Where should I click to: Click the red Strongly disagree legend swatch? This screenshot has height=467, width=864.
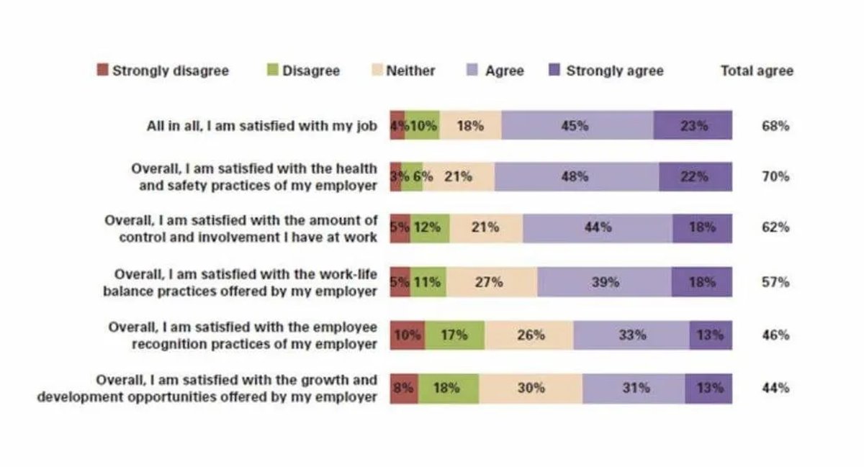point(102,70)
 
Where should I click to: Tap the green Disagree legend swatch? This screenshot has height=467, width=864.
point(273,70)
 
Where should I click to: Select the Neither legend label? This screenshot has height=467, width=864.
point(410,71)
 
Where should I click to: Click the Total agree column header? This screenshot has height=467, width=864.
point(757,71)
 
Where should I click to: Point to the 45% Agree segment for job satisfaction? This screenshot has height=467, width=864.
point(577,125)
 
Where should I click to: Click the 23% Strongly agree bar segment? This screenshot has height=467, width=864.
point(693,125)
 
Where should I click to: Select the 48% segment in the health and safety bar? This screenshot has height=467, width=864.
point(577,176)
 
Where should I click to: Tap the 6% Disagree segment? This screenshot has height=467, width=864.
point(412,176)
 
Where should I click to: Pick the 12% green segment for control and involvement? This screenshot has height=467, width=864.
point(430,228)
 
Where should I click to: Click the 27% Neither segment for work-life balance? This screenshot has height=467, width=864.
point(492,282)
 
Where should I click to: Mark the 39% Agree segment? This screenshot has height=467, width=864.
point(604,282)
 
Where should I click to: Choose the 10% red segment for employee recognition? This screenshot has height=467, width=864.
point(408,335)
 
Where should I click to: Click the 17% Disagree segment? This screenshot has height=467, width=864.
point(455,335)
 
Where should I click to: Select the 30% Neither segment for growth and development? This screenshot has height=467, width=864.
point(531,389)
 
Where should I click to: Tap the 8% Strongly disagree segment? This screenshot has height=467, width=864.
point(404,389)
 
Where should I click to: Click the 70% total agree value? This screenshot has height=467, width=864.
point(775,176)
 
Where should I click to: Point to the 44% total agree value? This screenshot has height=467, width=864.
point(775,388)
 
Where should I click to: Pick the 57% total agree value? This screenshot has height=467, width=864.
point(775,282)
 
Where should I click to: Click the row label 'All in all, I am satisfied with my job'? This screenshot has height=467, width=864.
point(262,126)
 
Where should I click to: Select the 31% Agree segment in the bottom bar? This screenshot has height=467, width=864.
point(634,389)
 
